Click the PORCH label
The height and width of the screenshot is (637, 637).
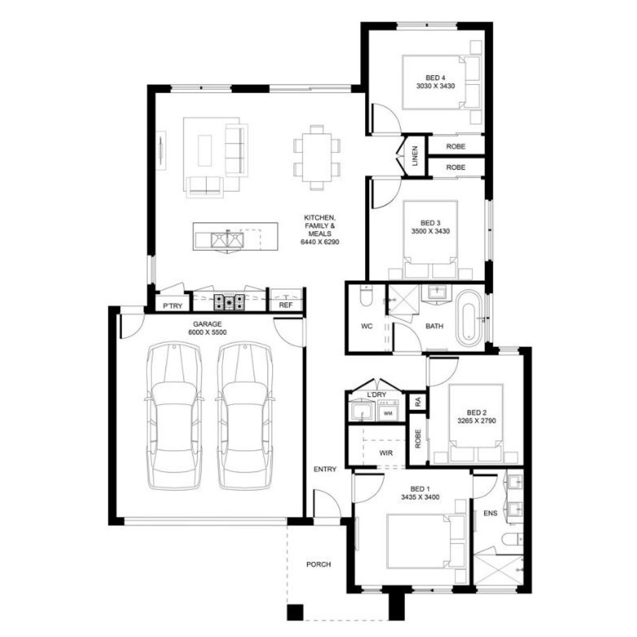pos(318,564)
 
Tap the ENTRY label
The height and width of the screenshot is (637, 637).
pos(325,469)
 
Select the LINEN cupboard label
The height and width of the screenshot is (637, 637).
pos(415,155)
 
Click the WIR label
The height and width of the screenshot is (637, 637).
pos(386,453)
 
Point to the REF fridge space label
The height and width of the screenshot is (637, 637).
pos(285,305)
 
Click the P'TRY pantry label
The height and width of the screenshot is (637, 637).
pos(172,306)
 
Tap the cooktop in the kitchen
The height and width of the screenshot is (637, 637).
pos(229,302)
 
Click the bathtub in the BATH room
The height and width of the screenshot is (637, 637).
pos(469,318)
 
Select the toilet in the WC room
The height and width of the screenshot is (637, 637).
pos(366,296)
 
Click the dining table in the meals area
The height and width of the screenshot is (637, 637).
pos(317,158)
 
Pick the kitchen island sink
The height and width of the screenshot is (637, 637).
pos(228,240)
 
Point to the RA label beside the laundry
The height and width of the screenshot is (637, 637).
pos(418,401)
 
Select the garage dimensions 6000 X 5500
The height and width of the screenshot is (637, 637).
pos(207,333)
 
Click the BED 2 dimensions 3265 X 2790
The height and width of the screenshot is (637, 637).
pos(476,421)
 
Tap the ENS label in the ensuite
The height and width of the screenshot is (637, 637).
pos(490,513)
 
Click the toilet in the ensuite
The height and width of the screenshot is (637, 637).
pos(512,539)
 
